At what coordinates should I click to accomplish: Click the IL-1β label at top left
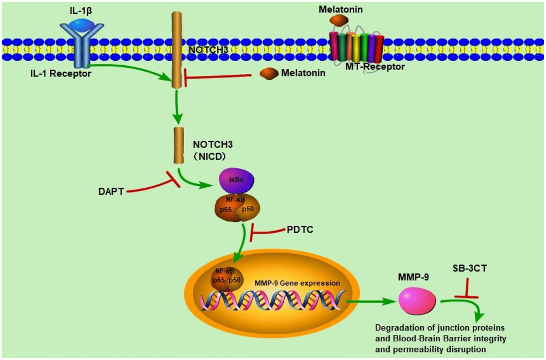tap(80, 9)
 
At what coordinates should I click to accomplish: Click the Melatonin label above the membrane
tap(338, 9)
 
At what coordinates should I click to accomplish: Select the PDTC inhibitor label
tap(301, 229)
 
